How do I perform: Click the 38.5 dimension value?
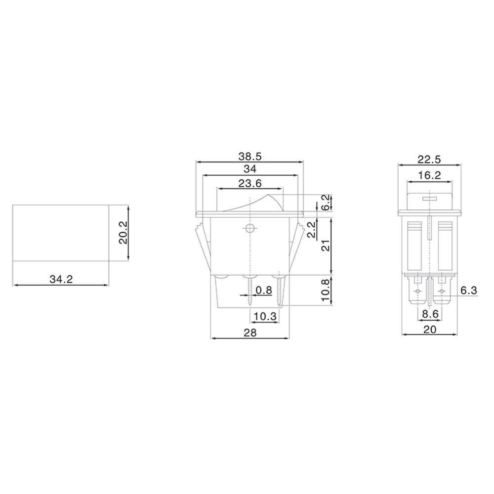250,156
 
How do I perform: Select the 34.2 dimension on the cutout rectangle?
61,279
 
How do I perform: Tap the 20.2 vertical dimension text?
123,232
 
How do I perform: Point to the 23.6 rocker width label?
250,183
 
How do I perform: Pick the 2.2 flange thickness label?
311,230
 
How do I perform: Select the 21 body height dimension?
326,246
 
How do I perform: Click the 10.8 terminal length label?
326,290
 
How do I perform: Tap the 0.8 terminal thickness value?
264,290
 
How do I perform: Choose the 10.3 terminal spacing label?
265,316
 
